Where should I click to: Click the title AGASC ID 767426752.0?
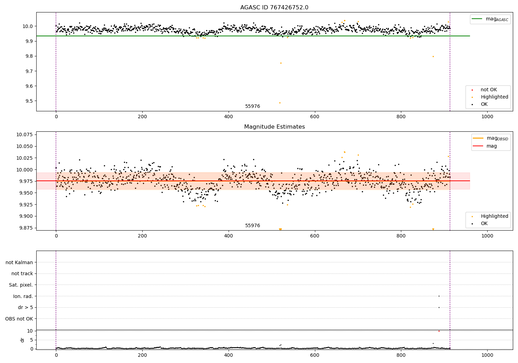coord(274,8)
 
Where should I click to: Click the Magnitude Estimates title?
coord(274,127)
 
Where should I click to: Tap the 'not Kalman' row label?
coord(19,262)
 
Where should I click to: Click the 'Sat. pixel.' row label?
coord(21,285)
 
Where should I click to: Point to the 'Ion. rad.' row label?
coord(23,296)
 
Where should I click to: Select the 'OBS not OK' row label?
coord(19,319)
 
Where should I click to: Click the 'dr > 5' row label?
coord(25,307)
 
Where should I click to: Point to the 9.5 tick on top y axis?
coord(28,101)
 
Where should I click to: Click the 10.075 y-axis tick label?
coord(25,134)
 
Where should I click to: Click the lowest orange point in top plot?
coord(280,103)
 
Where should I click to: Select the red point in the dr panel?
coord(439,331)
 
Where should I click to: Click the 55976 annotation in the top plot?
coord(252,106)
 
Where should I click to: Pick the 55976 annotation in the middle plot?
coord(252,226)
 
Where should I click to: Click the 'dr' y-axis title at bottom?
coord(22,340)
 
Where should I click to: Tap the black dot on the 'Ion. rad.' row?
coord(439,296)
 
